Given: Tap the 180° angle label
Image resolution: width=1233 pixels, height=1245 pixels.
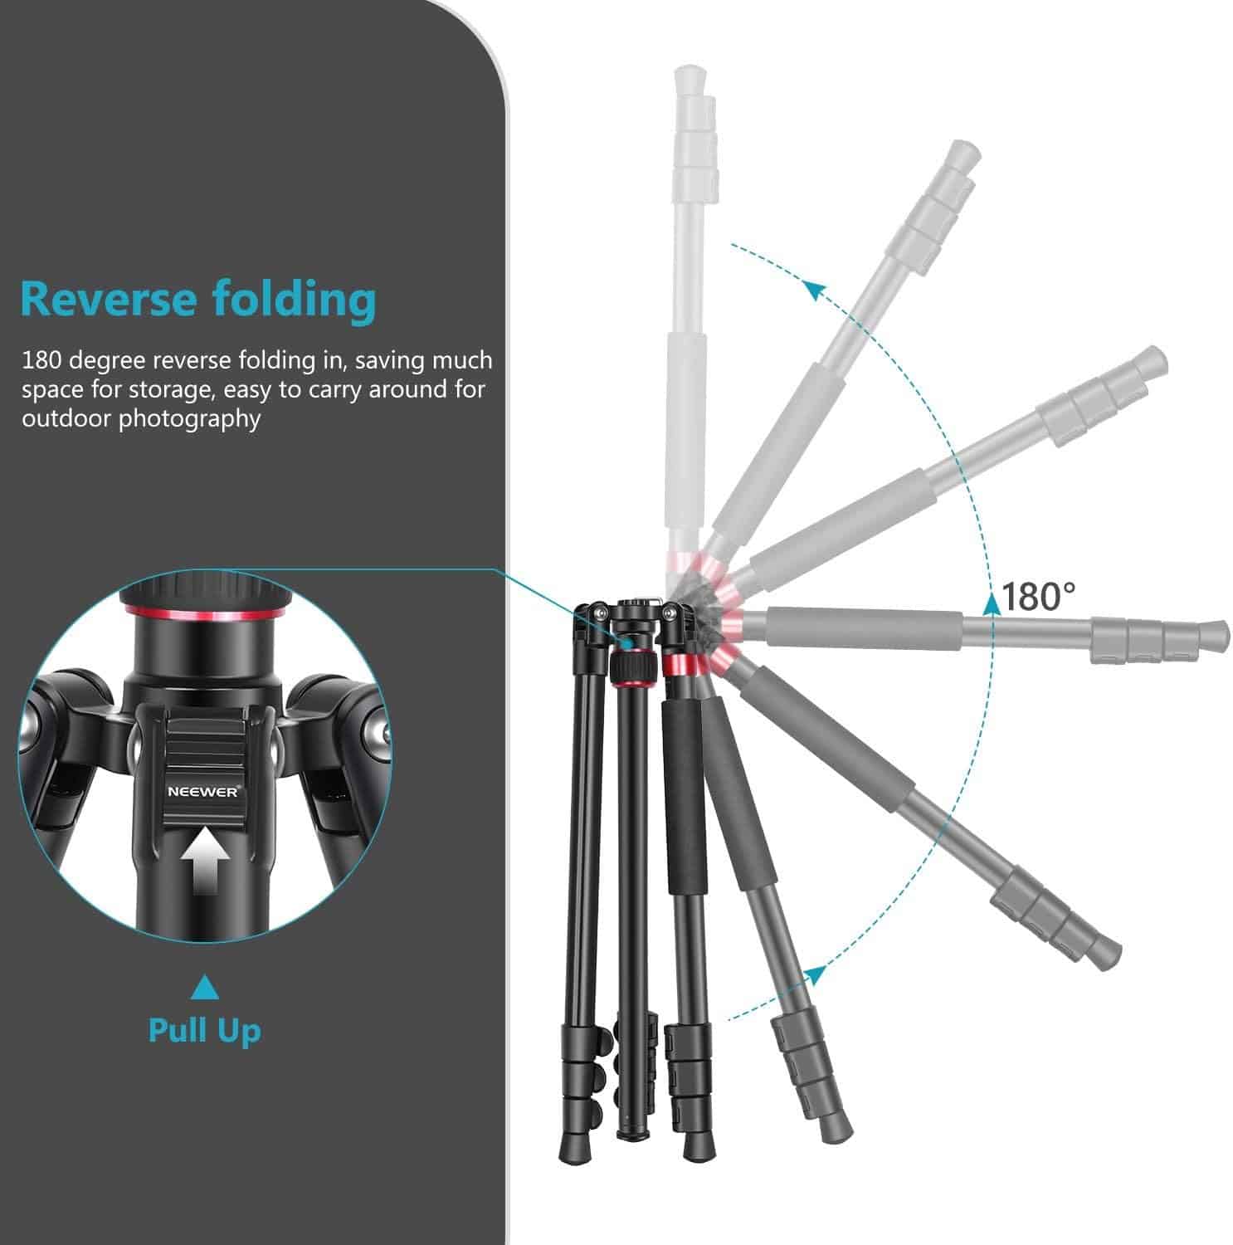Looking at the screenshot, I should coord(1039,596).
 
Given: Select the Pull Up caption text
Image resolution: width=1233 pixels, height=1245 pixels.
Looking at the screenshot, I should coord(204,1030).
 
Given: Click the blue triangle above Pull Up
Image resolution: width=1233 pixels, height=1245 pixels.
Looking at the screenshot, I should coord(204,988).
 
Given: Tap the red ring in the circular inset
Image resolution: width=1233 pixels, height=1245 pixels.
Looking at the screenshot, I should coord(204,615).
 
